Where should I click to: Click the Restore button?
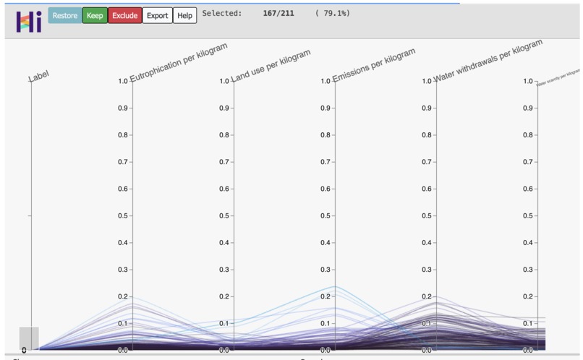[64, 15]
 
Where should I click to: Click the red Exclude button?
[124, 15]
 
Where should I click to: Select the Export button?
[157, 15]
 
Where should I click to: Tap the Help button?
[185, 15]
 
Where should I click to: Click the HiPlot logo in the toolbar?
[29, 21]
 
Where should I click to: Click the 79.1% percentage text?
[333, 13]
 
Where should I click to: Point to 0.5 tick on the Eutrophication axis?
[124, 215]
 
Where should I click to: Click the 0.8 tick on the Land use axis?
[225, 135]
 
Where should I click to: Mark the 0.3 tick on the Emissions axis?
[326, 270]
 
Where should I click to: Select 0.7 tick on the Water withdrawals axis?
[427, 162]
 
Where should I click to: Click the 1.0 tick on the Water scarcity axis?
[529, 82]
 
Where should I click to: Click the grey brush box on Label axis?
[29, 338]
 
